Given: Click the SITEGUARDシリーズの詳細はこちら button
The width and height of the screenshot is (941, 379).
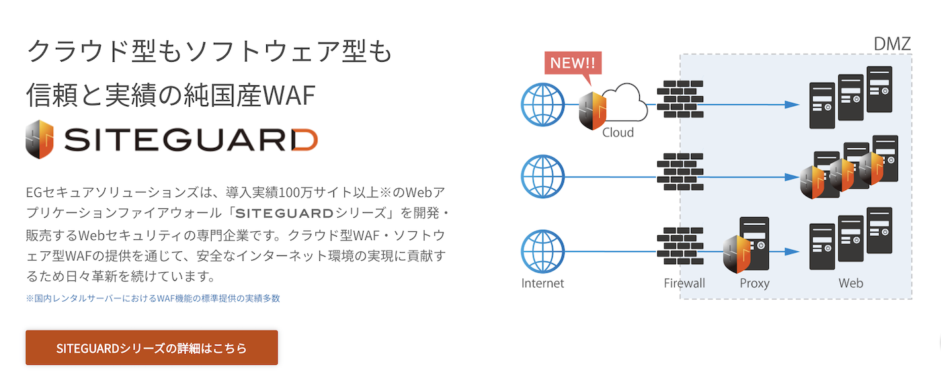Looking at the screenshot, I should [151, 348].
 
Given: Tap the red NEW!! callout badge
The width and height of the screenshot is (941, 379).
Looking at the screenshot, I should [573, 63].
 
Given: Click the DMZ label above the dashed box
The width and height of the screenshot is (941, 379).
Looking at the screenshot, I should [891, 44].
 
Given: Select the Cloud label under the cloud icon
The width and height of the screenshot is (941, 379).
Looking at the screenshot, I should [618, 132].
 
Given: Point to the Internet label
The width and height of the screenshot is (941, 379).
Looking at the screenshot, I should [542, 283].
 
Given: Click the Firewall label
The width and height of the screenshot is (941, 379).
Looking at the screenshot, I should [684, 283].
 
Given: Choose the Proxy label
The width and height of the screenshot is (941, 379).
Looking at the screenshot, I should [754, 283].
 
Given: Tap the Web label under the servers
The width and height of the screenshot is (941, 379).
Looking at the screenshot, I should [850, 283].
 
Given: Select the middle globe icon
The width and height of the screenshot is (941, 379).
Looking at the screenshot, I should [542, 177].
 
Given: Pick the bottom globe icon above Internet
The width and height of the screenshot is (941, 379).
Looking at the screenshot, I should [542, 251].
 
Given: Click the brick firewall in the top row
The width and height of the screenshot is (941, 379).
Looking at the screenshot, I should [680, 99].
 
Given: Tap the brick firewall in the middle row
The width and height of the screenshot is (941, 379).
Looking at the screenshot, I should [680, 172].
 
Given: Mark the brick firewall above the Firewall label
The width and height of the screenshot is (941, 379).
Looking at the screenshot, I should [680, 246].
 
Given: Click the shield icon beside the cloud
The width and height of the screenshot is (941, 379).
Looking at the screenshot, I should [592, 109].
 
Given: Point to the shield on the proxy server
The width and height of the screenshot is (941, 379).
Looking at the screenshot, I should [737, 254].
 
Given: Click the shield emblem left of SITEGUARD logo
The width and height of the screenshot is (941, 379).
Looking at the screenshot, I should [39, 139].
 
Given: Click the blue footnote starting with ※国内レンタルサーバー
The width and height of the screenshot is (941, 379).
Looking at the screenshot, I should [153, 298].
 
